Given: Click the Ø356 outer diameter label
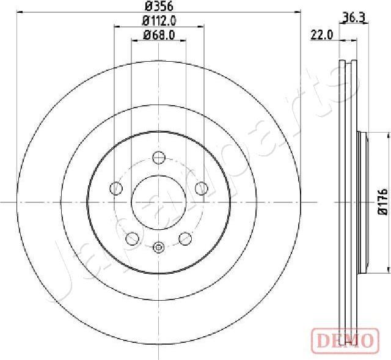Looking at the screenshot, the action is pyautogui.click(x=159, y=7).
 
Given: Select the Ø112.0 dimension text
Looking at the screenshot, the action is pyautogui.click(x=159, y=21).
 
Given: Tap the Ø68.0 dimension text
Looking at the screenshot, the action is pyautogui.click(x=159, y=35).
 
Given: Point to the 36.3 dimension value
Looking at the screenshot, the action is pyautogui.click(x=354, y=18).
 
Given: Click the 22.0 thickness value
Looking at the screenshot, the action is pyautogui.click(x=322, y=35).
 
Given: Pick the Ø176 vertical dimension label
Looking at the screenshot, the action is pyautogui.click(x=383, y=202).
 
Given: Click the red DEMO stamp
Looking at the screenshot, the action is pyautogui.click(x=345, y=340).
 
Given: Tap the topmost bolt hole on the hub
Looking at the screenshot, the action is pyautogui.click(x=159, y=158).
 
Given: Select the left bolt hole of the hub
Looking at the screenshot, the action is pyautogui.click(x=116, y=188).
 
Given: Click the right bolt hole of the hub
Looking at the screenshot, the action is pyautogui.click(x=202, y=188).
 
